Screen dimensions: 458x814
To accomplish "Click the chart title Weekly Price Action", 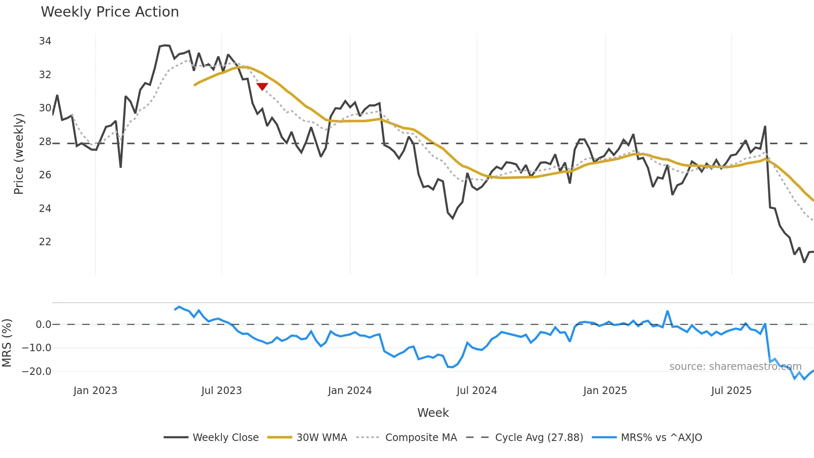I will point(110,12).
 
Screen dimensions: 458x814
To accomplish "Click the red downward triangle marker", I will point(262,86).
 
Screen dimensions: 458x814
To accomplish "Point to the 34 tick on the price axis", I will point(45,41).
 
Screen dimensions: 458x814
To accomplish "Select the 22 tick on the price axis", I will point(45,242).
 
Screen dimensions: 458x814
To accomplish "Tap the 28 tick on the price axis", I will point(45,142).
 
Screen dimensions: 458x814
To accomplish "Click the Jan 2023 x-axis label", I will point(95,391).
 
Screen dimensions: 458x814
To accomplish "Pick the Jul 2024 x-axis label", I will point(476,391).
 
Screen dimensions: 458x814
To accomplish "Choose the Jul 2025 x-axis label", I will point(731,391).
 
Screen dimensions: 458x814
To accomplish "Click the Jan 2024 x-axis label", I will point(350,391).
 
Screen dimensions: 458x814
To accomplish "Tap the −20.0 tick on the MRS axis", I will point(37,372).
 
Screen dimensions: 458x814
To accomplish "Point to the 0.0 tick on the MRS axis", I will point(43,325).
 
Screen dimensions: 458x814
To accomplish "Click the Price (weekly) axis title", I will point(19,154).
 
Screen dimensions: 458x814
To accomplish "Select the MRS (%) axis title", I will point(7,343).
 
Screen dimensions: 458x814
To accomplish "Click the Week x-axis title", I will point(433,413).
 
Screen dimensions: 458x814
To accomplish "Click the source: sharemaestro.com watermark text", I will point(735,367).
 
